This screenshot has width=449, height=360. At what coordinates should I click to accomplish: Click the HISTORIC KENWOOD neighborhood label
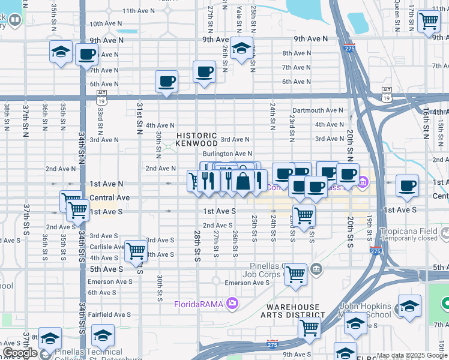197,140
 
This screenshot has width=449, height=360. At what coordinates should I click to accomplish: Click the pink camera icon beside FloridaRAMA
232,304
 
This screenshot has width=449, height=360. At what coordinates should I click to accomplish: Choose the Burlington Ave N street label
227,154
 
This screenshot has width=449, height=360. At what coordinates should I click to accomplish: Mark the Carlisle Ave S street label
107,247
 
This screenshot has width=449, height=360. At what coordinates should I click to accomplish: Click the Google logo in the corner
20,353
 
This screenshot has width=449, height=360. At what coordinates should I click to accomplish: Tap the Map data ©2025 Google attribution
412,355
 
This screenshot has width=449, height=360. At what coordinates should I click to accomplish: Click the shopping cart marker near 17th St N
429,21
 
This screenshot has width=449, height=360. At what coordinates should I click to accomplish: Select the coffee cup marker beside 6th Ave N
166,81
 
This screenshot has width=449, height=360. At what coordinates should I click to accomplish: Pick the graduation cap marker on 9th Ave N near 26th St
241,48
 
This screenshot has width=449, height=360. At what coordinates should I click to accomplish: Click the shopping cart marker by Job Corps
295,274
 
